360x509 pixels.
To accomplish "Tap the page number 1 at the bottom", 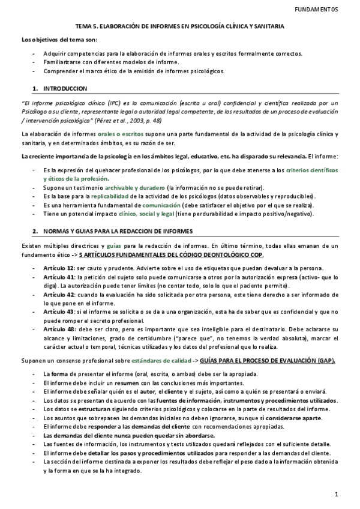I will [x=337, y=494].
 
